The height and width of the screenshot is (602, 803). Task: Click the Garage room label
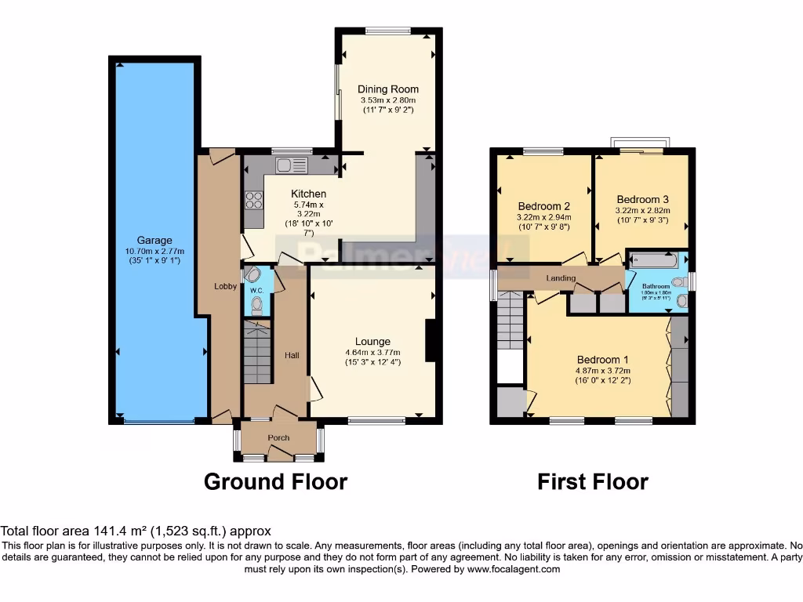(154, 241)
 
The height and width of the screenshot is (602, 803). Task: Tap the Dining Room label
(388, 89)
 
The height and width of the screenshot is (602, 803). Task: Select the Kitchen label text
(308, 194)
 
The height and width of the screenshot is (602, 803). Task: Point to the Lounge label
(372, 342)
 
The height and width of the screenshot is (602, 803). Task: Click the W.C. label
(256, 291)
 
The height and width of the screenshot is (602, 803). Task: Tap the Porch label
(278, 438)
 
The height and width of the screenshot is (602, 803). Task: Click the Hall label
(292, 356)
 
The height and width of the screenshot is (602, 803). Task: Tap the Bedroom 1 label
(603, 361)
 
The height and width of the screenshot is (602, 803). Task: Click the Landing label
(561, 278)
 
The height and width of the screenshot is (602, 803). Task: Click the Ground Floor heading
(275, 481)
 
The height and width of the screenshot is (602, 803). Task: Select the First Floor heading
(593, 481)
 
